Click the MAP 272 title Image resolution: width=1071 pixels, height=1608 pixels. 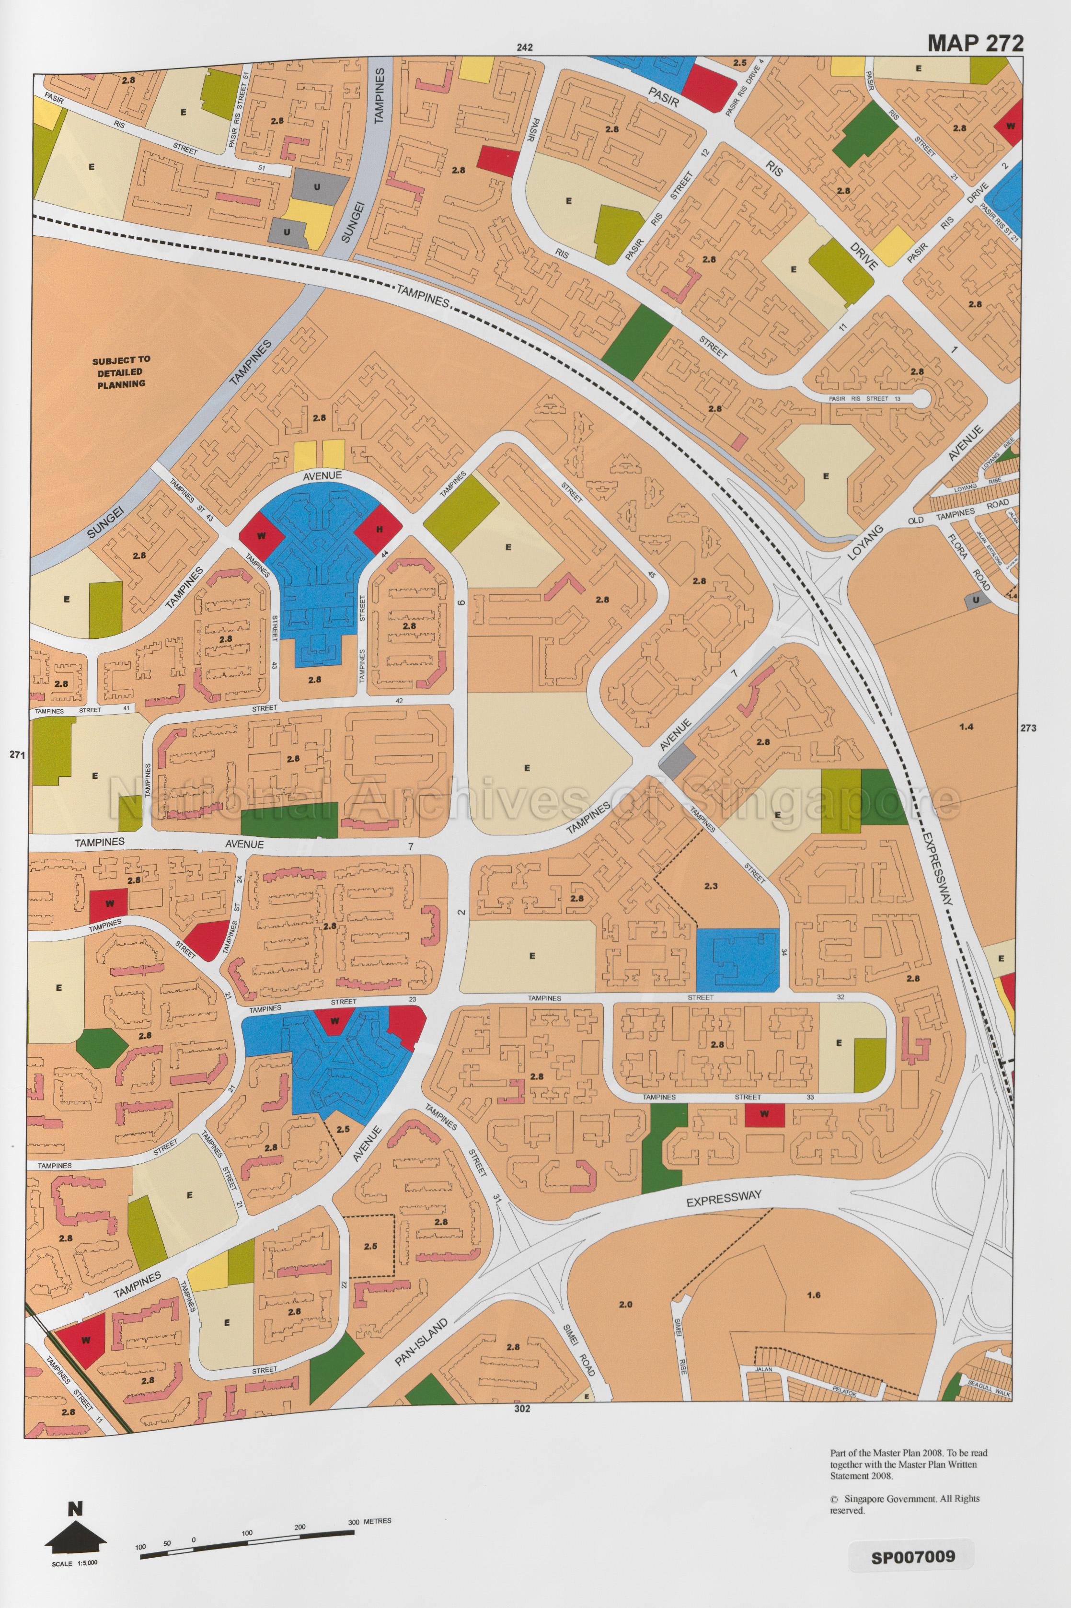[x=975, y=43]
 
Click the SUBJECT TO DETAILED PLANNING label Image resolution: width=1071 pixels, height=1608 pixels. [x=120, y=371]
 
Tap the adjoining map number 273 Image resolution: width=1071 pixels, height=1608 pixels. [x=1027, y=728]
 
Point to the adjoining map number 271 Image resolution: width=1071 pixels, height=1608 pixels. [x=17, y=755]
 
